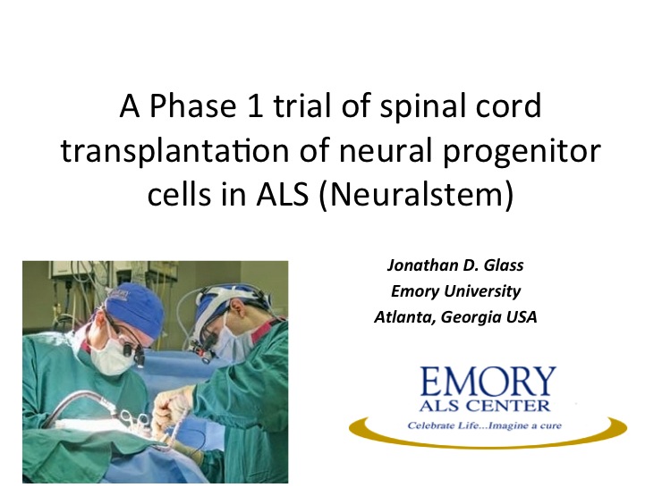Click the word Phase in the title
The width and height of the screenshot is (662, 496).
point(192,105)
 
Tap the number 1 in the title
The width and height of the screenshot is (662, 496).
point(255,105)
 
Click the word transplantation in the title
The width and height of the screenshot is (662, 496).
point(174,150)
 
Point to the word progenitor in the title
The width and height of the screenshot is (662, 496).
point(522,152)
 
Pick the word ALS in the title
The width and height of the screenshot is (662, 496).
point(282,195)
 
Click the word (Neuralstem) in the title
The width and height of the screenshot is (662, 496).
point(416,196)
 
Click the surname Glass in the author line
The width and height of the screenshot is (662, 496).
point(504,265)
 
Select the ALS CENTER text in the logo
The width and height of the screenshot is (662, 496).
point(485,406)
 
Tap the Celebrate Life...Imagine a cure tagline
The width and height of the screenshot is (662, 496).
point(484,425)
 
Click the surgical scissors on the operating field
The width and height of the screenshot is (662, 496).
point(134,420)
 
